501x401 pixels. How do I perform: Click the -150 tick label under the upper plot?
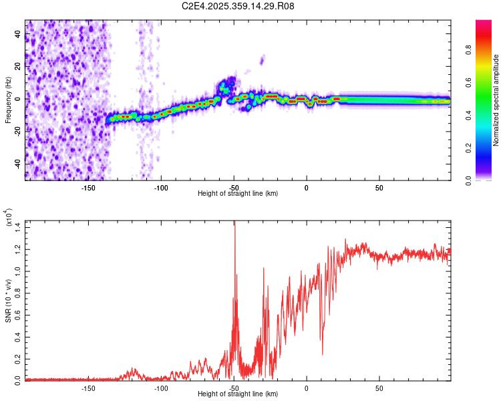coord(88,187)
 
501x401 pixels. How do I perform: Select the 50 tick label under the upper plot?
coord(379,187)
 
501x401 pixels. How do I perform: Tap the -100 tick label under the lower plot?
coord(161,388)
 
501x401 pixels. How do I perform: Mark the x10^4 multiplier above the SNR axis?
coord(9,218)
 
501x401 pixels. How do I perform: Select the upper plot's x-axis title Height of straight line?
coord(238,194)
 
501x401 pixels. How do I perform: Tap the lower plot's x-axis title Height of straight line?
coord(238,394)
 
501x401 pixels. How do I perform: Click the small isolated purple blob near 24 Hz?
coord(262,61)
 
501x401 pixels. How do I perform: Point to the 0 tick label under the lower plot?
coord(307,388)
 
